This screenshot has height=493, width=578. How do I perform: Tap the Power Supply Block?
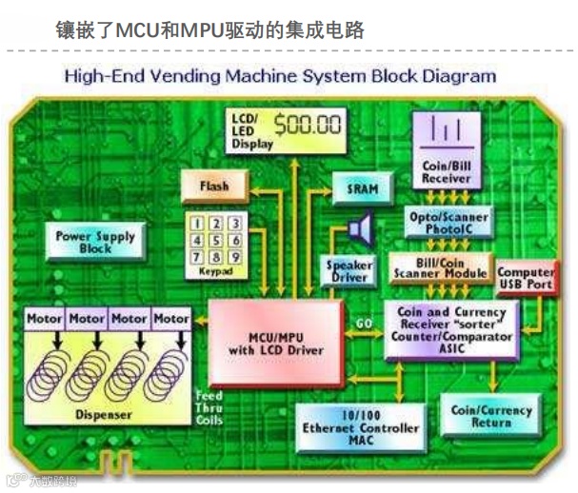click(x=94, y=243)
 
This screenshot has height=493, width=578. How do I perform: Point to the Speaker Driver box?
click(x=349, y=271)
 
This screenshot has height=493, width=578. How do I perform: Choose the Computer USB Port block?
click(x=527, y=279)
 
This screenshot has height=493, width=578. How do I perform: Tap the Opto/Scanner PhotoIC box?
click(x=448, y=223)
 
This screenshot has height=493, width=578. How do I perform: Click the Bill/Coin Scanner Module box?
click(x=439, y=267)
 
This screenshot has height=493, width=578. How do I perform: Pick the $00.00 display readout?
click(x=308, y=124)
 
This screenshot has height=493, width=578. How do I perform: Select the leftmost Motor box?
click(x=45, y=318)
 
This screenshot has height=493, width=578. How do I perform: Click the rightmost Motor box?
click(x=172, y=318)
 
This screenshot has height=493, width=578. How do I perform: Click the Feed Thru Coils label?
click(x=209, y=407)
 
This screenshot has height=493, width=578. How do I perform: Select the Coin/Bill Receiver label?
click(x=446, y=171)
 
